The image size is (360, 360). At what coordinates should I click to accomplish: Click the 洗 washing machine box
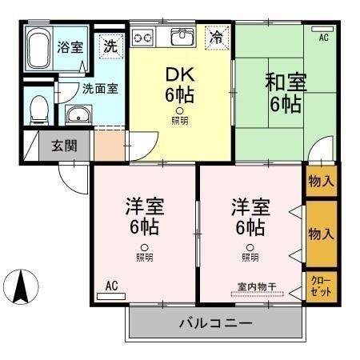(110, 46)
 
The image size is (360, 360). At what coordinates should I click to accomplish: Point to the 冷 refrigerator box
(216, 36)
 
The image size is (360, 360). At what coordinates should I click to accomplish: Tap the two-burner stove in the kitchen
(144, 37)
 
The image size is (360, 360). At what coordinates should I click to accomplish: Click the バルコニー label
(215, 325)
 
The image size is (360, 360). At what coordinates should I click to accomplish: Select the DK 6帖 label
(180, 85)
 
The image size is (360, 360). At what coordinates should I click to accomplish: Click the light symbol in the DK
(180, 110)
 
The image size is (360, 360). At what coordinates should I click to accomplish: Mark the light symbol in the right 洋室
(250, 247)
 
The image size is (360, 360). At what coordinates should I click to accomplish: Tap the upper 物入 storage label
(321, 182)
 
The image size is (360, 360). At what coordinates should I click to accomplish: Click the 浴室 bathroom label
(69, 46)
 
